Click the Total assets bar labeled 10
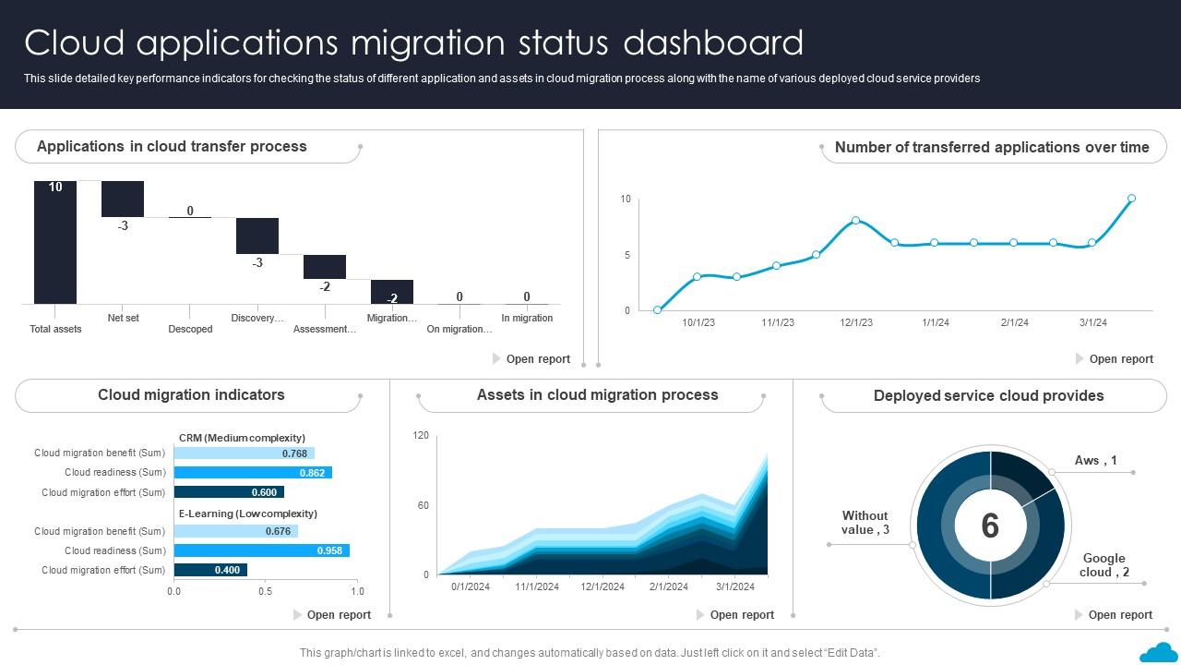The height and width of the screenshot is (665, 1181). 55,242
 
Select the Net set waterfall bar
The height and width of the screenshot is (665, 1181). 123,199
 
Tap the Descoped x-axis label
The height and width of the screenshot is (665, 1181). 190,329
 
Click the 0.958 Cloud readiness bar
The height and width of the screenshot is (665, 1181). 261,550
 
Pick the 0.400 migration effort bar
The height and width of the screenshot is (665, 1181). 210,570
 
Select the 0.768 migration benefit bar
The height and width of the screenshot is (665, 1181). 244,453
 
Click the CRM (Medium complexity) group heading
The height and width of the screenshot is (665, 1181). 242,438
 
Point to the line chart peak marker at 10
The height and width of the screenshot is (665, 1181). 1131,199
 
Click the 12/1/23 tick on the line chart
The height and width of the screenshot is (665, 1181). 856,322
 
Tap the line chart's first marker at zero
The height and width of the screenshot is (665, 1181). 657,310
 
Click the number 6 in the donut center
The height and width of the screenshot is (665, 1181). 990,526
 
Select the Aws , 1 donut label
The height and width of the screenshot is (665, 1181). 1095,460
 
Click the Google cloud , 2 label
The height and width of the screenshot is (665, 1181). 1103,565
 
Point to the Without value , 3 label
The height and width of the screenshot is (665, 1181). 865,523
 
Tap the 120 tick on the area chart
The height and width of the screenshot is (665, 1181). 421,435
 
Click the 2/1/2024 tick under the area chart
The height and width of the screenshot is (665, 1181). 668,586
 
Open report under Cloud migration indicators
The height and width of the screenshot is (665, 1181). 338,615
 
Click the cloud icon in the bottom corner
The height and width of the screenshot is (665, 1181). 1158,652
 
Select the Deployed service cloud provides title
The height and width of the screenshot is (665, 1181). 988,395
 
